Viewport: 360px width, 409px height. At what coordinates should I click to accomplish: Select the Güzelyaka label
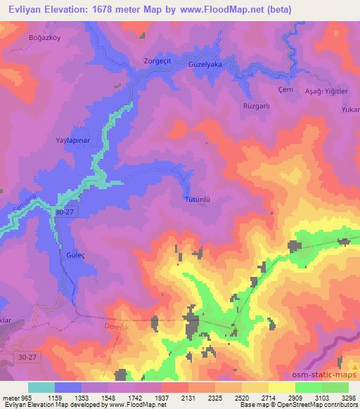(x=206, y=63)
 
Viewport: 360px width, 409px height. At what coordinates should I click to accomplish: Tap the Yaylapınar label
(x=73, y=140)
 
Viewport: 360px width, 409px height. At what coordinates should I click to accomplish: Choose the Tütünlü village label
(x=198, y=199)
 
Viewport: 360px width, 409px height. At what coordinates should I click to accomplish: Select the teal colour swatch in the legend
(x=41, y=387)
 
